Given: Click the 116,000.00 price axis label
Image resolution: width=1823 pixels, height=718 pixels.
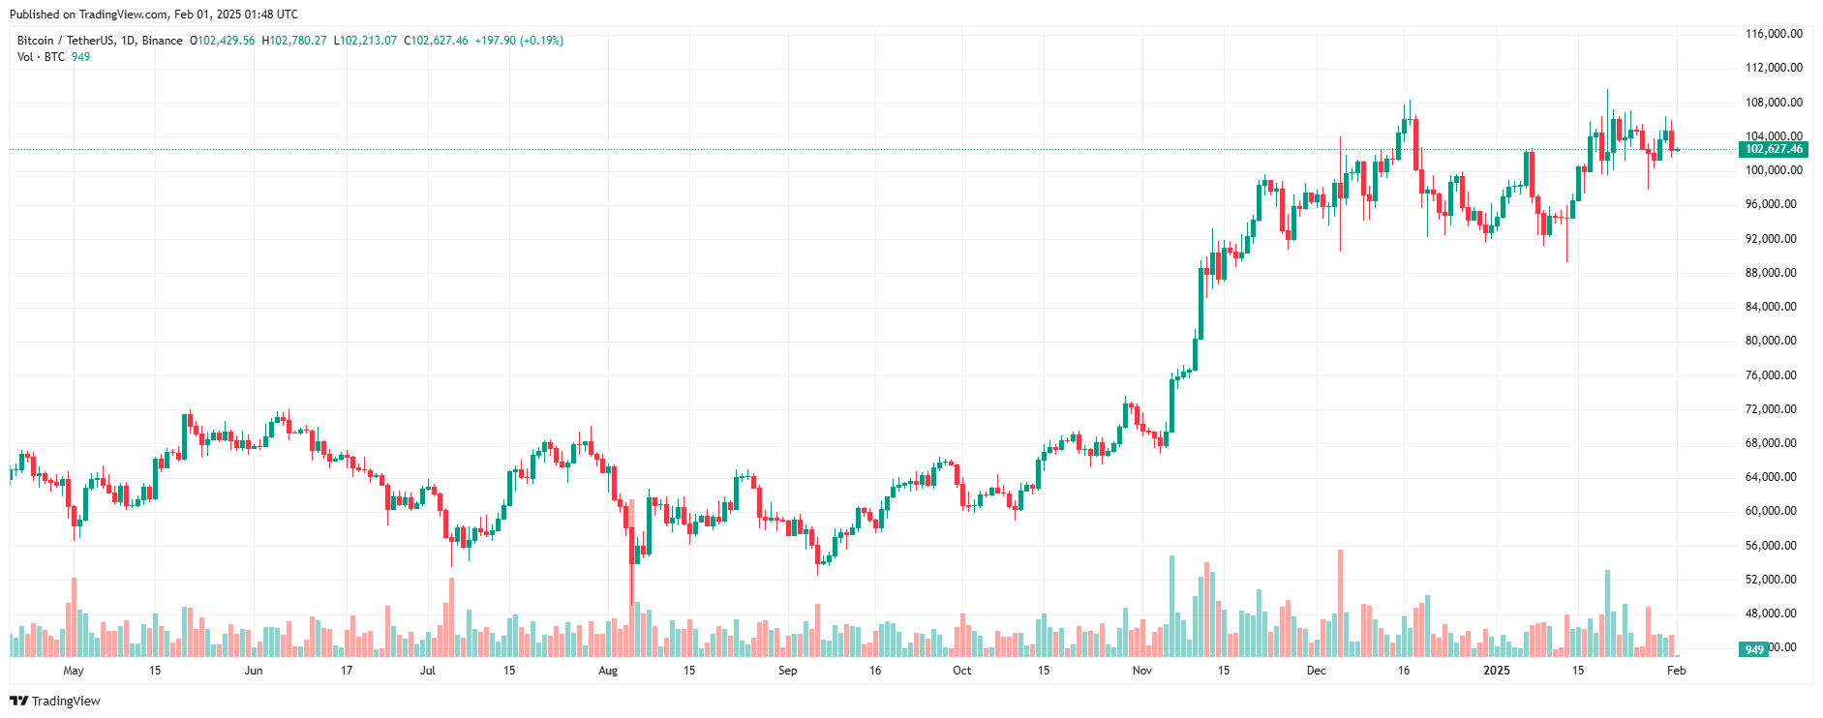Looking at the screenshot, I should click(1773, 34).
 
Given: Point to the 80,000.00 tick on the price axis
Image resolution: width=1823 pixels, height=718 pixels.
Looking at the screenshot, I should click(1773, 341).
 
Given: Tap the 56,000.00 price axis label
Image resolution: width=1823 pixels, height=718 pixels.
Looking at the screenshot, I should click(1773, 546).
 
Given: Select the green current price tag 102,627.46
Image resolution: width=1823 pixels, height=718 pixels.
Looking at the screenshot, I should click(1774, 149).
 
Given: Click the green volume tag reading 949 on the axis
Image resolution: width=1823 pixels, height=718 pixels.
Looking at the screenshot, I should click(1753, 649).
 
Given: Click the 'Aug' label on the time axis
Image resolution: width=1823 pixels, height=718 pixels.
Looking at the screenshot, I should click(608, 671).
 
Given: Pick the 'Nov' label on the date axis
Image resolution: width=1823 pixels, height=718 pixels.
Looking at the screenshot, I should click(1142, 671).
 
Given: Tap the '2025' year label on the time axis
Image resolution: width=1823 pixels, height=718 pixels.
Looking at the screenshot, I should click(1497, 671).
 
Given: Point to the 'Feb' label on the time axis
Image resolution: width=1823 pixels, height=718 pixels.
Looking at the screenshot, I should click(1677, 671).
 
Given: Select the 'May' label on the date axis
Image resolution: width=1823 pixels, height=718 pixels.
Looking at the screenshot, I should click(74, 671).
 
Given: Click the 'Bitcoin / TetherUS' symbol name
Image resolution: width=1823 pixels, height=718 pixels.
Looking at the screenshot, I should click(66, 41).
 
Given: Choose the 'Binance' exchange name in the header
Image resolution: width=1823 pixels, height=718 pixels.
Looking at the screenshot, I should click(162, 41).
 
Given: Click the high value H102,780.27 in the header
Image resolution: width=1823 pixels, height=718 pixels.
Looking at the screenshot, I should click(294, 41).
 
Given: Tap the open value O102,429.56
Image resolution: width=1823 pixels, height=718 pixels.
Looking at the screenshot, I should click(222, 41).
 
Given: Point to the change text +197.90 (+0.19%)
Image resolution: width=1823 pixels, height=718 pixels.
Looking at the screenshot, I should click(519, 41).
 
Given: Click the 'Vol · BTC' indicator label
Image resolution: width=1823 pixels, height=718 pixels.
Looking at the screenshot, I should click(41, 57).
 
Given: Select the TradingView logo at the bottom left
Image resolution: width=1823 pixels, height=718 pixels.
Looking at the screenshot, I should click(55, 701).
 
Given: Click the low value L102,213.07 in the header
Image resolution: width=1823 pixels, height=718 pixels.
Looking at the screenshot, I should click(365, 41).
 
